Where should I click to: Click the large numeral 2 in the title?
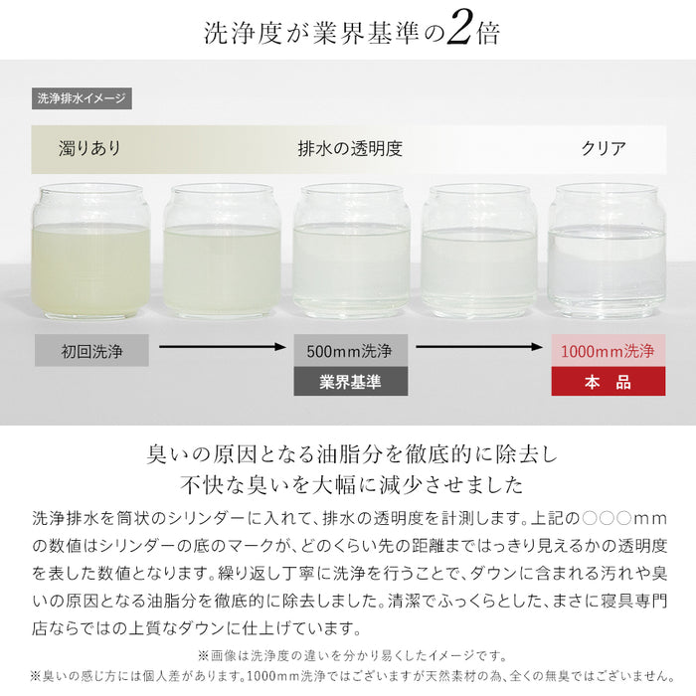[458, 31]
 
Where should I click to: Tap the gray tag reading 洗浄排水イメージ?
[82, 98]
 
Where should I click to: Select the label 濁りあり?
[89, 149]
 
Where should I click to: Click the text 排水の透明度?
[350, 149]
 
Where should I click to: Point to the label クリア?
[604, 149]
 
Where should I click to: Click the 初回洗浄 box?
[91, 350]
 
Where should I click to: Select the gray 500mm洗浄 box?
[350, 350]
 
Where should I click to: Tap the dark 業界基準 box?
[350, 382]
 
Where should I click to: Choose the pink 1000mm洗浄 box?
[608, 350]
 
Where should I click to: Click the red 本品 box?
[608, 382]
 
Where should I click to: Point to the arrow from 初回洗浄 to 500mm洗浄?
[221, 348]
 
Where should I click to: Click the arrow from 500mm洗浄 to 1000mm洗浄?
[479, 348]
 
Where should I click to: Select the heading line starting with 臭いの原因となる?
[347, 455]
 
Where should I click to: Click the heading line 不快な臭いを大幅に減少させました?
[347, 486]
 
